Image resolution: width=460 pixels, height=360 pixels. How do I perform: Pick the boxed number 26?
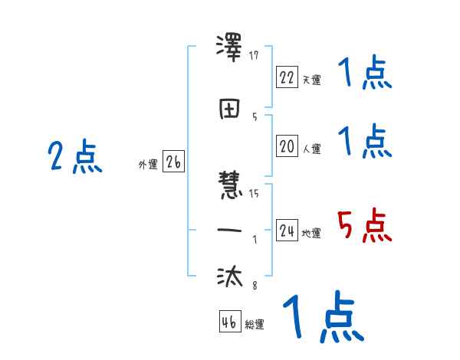(173, 162)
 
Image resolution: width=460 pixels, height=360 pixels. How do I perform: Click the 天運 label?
(312, 80)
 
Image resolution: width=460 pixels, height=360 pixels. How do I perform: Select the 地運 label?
(312, 233)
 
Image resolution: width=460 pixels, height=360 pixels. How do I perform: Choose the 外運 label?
(148, 164)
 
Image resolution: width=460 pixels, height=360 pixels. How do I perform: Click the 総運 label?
(255, 324)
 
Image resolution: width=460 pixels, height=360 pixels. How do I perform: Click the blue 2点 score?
(74, 158)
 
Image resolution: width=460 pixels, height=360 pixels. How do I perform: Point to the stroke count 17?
(255, 55)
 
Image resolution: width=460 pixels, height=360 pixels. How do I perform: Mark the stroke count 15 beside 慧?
(254, 193)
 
